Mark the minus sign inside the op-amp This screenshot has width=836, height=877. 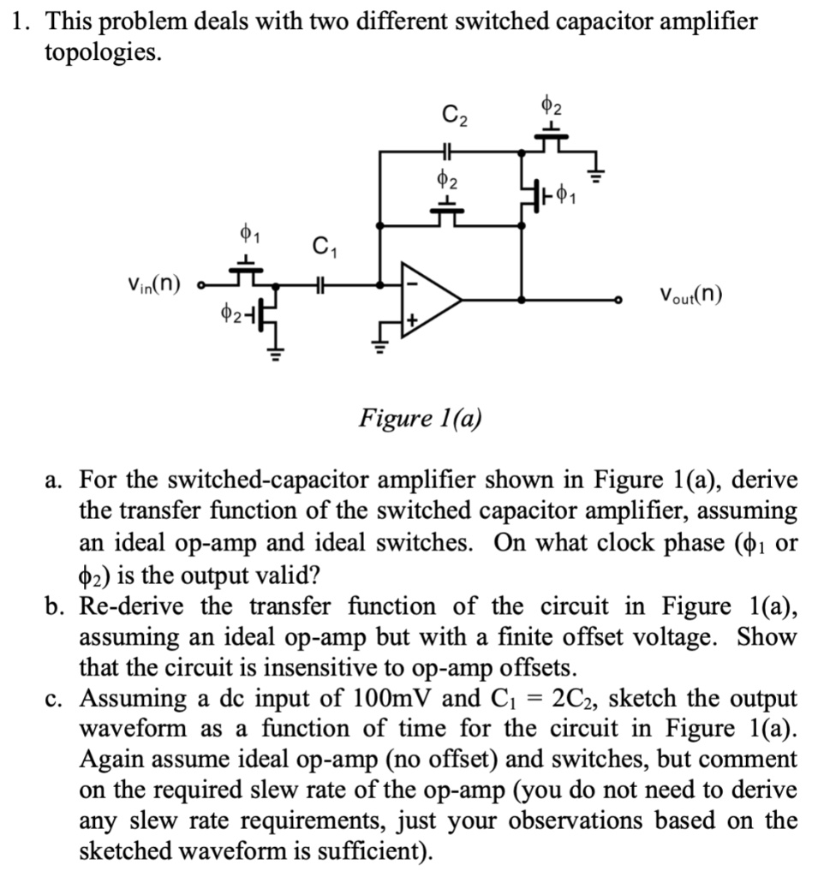tap(411, 280)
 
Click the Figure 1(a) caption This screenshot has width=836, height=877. tap(420, 419)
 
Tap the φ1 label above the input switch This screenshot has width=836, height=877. tap(245, 232)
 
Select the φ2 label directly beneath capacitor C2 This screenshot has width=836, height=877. tap(447, 181)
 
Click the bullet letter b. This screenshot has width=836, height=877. tap(56, 606)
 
